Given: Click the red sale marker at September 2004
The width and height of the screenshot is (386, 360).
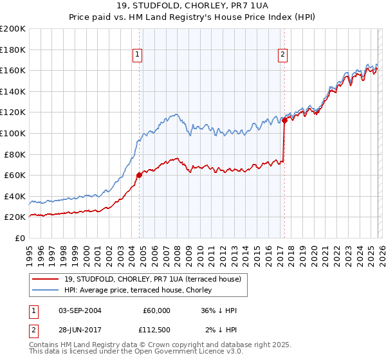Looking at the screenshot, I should click(139, 175).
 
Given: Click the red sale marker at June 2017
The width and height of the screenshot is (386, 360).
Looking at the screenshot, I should click(284, 120).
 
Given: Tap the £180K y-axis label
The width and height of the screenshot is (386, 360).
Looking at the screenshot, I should click(13, 50).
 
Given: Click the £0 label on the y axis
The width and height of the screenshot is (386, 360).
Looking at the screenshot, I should click(19, 238).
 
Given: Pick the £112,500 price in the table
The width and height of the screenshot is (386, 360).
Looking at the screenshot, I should click(156, 331).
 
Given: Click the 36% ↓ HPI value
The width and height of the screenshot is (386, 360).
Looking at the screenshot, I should click(219, 310).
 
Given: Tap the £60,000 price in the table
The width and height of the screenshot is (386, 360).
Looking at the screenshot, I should click(156, 310).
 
